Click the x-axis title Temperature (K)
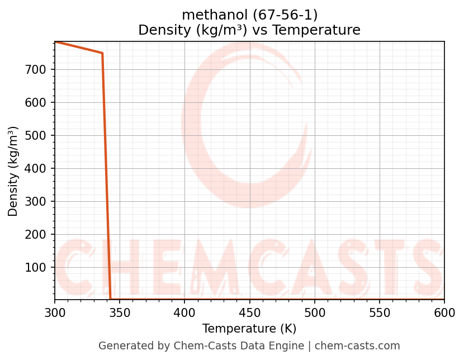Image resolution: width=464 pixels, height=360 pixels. click(249, 329)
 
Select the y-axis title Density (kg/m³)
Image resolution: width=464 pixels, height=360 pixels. click(13, 171)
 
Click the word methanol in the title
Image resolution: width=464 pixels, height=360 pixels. click(206, 15)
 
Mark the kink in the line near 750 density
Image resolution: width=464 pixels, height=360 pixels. click(102, 53)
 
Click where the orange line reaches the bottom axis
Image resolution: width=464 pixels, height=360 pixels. click(111, 299)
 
